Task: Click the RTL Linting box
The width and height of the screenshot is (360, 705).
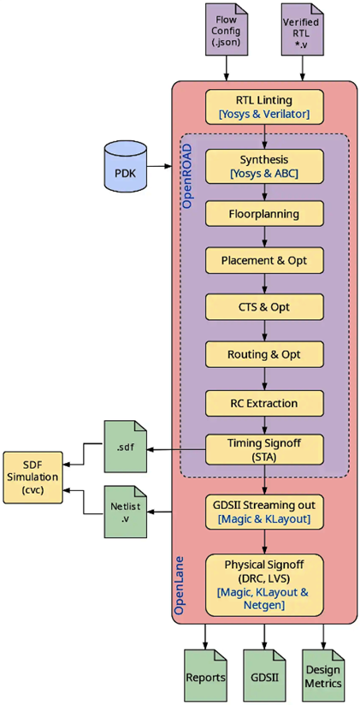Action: coord(264,107)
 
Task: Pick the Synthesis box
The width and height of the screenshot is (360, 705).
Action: coord(264,166)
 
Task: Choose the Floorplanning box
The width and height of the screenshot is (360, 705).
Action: coord(264,214)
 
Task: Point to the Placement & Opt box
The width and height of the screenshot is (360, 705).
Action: coord(264,260)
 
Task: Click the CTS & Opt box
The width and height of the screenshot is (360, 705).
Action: coord(264,307)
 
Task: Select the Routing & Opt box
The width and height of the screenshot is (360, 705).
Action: coord(264,355)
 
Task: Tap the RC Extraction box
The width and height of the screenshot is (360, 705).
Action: coord(264,403)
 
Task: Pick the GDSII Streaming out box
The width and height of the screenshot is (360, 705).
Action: coord(264,512)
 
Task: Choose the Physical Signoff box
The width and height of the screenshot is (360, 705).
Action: coord(264,584)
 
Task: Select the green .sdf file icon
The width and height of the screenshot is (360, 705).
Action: coord(125,447)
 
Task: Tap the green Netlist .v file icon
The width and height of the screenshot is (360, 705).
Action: coord(125,512)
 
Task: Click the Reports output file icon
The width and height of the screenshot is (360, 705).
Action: coord(206,676)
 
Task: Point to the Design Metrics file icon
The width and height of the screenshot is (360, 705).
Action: coord(322,676)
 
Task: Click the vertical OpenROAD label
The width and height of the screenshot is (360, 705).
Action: coord(190,175)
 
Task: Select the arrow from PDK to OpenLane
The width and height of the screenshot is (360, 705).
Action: coord(159,166)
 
